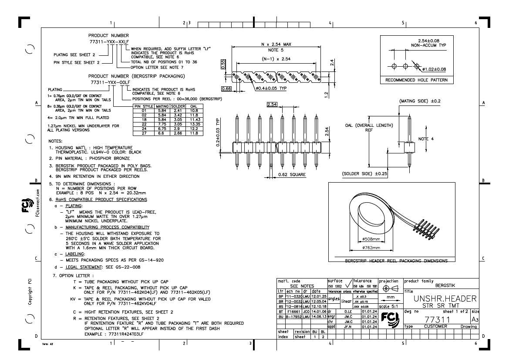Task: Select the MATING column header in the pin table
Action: (x=162, y=106)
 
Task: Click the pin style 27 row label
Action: (x=139, y=133)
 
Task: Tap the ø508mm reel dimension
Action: (x=371, y=239)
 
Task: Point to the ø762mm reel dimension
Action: (x=371, y=248)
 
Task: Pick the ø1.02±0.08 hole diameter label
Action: (x=436, y=69)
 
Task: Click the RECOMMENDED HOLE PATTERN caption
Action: (x=417, y=80)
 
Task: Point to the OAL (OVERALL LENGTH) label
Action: (x=366, y=126)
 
